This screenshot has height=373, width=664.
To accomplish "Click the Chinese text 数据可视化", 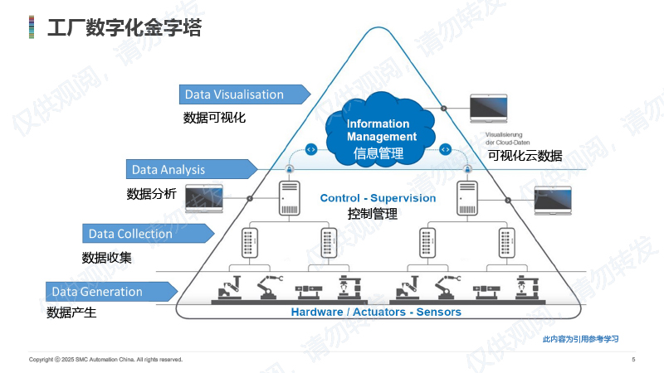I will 214,118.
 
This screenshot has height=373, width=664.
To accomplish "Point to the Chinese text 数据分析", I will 151,194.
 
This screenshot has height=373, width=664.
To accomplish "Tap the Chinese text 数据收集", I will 106,258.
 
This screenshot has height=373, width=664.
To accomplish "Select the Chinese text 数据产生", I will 71,313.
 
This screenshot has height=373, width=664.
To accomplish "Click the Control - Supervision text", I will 378,198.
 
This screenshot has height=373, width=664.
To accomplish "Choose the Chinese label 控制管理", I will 373,214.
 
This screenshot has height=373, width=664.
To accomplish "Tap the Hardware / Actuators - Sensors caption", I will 376,312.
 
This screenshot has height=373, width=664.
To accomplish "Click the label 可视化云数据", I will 525,155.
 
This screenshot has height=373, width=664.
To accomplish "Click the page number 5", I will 633,360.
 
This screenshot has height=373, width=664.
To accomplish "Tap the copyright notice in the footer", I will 105,360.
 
